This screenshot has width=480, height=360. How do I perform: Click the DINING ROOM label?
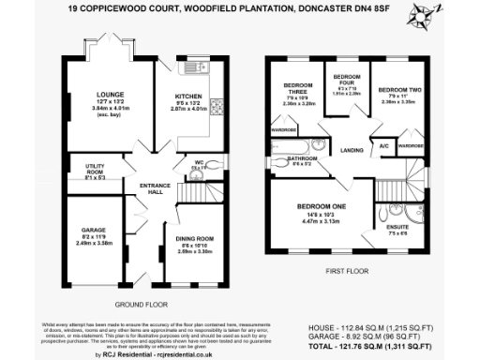[195, 239]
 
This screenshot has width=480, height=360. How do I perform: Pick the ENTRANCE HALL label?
[153, 187]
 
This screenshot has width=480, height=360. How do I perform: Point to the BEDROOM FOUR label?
[348, 77]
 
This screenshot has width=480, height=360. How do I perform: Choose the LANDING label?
[352, 149]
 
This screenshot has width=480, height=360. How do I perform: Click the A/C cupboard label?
[384, 147]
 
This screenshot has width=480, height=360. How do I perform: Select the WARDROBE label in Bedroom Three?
[284, 129]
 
